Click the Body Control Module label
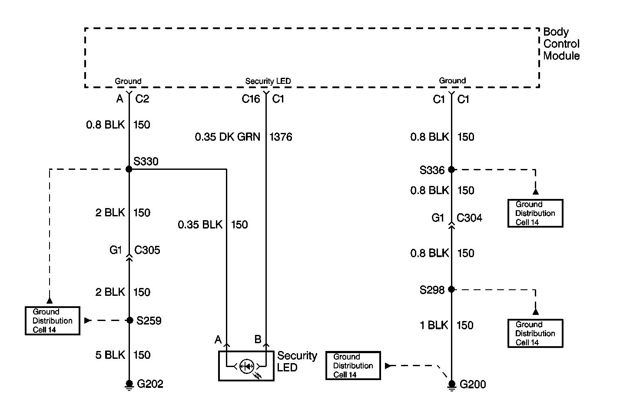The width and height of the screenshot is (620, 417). coord(561,44)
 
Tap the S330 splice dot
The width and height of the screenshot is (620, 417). coord(129,169)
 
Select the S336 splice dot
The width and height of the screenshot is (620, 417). coord(451,169)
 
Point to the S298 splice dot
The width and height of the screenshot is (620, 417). coord(451,289)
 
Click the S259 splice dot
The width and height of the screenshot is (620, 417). coord(129,321)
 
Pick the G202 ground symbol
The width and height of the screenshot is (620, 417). coord(129,384)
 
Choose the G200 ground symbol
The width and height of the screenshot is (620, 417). coord(451,385)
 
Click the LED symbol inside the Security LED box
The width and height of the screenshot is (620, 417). coord(247,366)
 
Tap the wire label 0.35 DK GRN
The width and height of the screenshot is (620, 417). coord(227,137)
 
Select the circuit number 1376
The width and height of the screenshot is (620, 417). coord(281,137)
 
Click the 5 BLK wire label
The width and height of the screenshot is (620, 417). coord(110,355)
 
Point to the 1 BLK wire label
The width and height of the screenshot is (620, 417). coord(434,325)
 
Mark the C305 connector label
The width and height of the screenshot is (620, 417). coord(147,250)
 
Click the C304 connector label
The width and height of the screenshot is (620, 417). coord(469,218)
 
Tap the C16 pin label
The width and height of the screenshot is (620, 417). coord(251,99)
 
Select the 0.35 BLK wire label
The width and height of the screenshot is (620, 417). coord(200,225)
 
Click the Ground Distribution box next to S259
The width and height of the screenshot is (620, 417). coord(52,321)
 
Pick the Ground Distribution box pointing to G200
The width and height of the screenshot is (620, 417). coord(353,366)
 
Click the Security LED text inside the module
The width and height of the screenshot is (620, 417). coord(268,81)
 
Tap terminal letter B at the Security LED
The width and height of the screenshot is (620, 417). coord(258,339)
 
